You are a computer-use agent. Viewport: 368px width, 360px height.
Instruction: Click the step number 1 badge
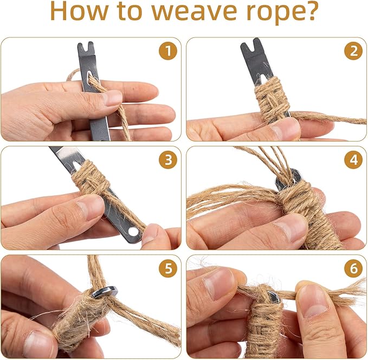pyautogui.click(x=168, y=51)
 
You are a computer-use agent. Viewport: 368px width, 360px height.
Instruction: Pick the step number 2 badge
pyautogui.click(x=353, y=51)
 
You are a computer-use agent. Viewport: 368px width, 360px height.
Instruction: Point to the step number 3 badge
pyautogui.click(x=168, y=160)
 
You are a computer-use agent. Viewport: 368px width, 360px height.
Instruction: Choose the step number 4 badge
pyautogui.click(x=353, y=160)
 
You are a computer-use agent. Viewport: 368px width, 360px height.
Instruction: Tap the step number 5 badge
pyautogui.click(x=168, y=268)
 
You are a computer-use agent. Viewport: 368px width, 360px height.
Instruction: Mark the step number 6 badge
pyautogui.click(x=353, y=268)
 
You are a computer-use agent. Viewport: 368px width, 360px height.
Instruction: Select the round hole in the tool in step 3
pyautogui.click(x=133, y=232)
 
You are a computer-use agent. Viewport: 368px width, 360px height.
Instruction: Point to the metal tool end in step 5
pyautogui.click(x=105, y=292)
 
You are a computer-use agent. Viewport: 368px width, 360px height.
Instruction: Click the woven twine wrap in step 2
pyautogui.click(x=272, y=99)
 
